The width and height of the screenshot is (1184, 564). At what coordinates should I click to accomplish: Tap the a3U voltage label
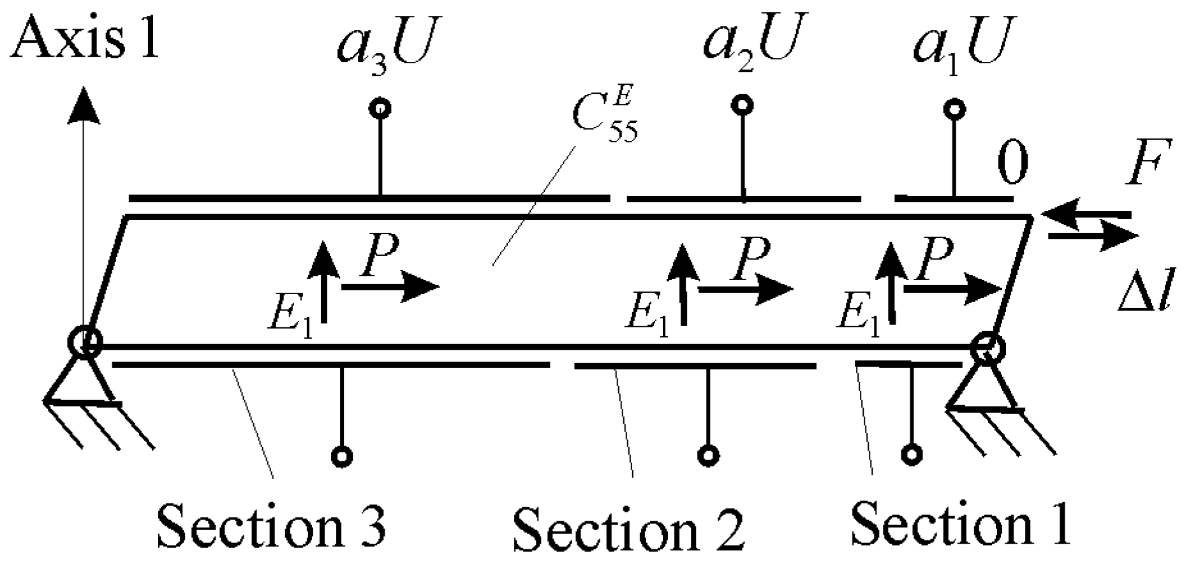[379, 45]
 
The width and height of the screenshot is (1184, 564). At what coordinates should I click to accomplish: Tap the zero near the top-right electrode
[1013, 164]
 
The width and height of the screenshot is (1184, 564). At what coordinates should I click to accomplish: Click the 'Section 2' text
[628, 528]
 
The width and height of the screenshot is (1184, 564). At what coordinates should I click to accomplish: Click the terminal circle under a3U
[380, 108]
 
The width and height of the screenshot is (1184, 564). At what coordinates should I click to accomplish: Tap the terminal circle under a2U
[742, 104]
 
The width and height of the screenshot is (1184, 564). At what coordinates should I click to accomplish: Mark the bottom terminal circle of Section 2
[708, 456]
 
